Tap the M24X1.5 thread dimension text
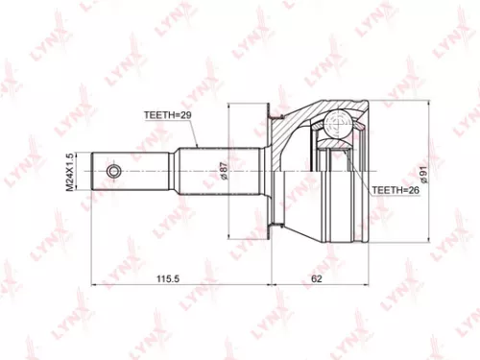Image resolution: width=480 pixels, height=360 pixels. (x=70, y=171)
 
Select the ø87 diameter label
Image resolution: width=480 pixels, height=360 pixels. (x=223, y=172)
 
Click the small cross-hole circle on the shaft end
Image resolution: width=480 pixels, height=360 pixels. (x=114, y=172)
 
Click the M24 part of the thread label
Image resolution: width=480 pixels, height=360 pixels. (x=70, y=180)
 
